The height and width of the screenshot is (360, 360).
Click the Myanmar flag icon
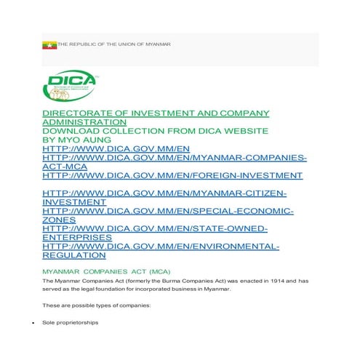point(49,45)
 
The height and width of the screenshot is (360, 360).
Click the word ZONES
point(60,220)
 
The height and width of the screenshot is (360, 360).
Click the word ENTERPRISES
point(77,238)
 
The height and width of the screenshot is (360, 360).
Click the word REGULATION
point(74,256)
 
